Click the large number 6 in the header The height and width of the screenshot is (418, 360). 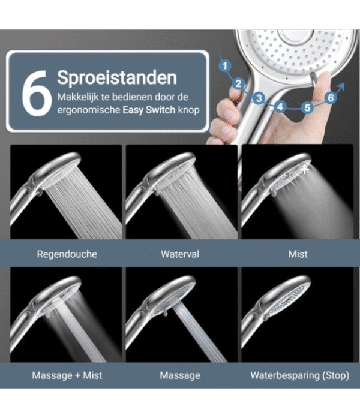(36, 94)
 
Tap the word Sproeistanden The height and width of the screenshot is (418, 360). (117, 77)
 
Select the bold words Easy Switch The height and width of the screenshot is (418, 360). (149, 110)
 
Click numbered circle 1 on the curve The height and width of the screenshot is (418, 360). (225, 66)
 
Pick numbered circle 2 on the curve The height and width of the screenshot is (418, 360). (238, 84)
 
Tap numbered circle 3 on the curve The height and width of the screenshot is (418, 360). (259, 98)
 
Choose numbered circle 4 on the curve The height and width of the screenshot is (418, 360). (280, 107)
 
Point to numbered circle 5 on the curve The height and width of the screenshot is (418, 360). (307, 107)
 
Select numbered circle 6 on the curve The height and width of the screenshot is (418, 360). (331, 98)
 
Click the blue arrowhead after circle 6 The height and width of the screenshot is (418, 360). (341, 86)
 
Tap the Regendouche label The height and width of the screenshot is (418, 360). (67, 254)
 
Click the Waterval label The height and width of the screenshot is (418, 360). (180, 254)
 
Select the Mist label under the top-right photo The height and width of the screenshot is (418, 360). (298, 254)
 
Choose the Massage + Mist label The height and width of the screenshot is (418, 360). (67, 375)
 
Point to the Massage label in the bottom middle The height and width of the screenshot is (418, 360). (180, 375)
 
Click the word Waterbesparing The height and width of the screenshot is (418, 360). (285, 375)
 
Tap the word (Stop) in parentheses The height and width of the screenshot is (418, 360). (336, 375)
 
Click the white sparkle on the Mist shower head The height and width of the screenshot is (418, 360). (305, 169)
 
